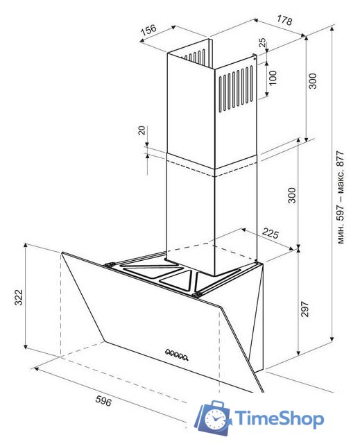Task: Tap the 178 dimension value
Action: click(x=284, y=20)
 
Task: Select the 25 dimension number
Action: click(x=263, y=42)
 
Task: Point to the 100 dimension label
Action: click(x=273, y=78)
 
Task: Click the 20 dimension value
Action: click(x=142, y=130)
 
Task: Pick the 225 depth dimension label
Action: click(x=271, y=233)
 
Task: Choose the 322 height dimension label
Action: click(x=19, y=298)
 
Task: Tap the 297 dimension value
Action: click(x=305, y=309)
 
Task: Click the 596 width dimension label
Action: click(x=103, y=400)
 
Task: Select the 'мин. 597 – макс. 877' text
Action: click(x=341, y=197)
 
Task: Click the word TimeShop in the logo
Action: click(x=280, y=419)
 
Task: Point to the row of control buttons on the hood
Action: click(x=177, y=355)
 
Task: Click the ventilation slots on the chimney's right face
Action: click(x=236, y=88)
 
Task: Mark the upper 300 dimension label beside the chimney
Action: click(x=312, y=81)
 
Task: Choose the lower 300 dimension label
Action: click(x=291, y=195)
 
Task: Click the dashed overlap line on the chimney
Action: click(x=212, y=169)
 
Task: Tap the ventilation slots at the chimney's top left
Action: click(x=196, y=57)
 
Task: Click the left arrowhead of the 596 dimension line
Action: click(x=35, y=368)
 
